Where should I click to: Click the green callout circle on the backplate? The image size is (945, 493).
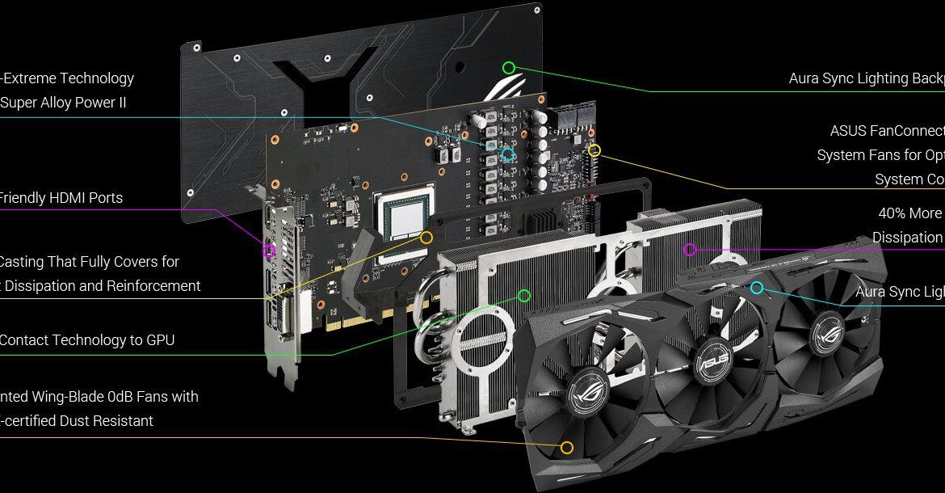coord(508,68)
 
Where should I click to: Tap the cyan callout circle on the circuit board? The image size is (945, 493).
coord(508,154)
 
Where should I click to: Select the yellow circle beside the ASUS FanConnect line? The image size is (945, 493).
coord(594,150)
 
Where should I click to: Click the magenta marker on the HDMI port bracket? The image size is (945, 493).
coord(269,251)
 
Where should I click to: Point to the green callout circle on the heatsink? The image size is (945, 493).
coord(523,296)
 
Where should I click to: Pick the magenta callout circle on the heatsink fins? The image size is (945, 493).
coord(689,250)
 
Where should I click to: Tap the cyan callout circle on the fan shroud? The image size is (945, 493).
coord(757,288)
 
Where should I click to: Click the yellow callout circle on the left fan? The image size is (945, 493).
coord(567,447)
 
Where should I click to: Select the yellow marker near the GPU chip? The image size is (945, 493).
coord(426,238)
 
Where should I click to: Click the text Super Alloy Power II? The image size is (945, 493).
coord(63,103)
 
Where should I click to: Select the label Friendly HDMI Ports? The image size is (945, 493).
coord(61,198)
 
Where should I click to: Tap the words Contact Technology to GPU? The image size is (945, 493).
coord(86,340)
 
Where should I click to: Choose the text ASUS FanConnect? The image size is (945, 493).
coord(887,131)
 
